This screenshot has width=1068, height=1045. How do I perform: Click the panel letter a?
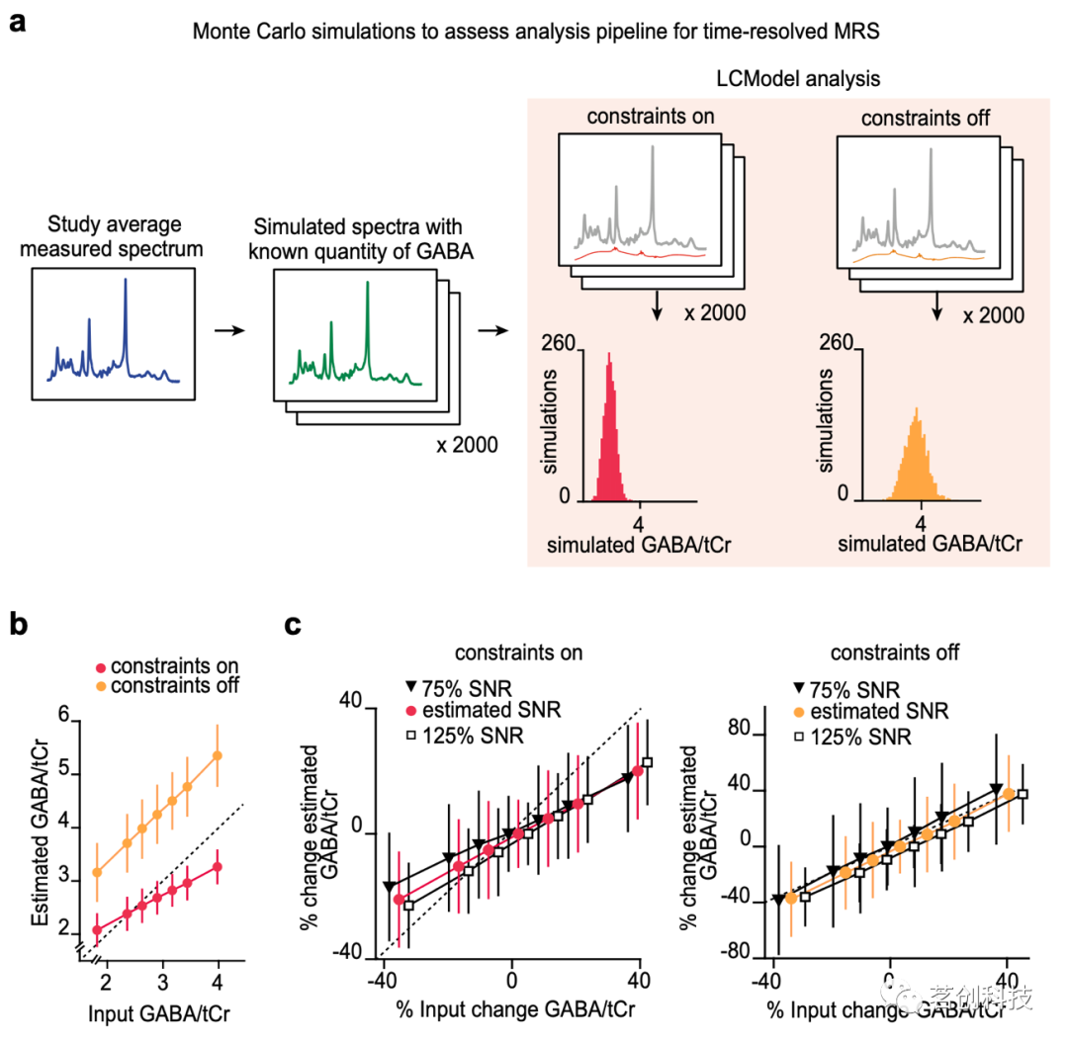coord(17,21)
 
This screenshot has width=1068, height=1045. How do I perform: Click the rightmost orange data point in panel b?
coord(218,755)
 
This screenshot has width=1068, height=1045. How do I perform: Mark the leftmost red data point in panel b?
coord(97,929)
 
